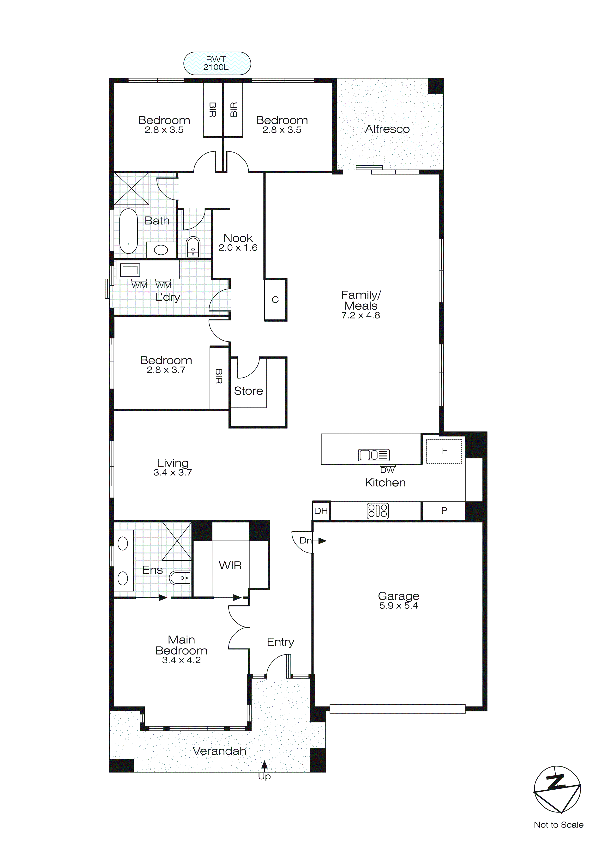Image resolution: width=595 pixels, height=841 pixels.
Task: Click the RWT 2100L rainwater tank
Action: [217, 63]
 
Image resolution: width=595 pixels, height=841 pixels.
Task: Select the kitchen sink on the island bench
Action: [373, 455]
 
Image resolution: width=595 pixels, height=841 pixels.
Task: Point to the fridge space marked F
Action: [444, 451]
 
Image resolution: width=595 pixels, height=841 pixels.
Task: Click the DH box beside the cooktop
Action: [321, 511]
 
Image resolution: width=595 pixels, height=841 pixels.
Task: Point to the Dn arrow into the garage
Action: [321, 541]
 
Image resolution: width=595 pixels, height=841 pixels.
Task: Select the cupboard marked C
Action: [275, 300]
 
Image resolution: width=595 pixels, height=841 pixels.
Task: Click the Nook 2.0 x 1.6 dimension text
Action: [238, 248]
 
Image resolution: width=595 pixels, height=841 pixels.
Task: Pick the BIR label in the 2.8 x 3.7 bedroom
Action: [219, 376]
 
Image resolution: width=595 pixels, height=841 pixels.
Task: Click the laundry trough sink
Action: [130, 270]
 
